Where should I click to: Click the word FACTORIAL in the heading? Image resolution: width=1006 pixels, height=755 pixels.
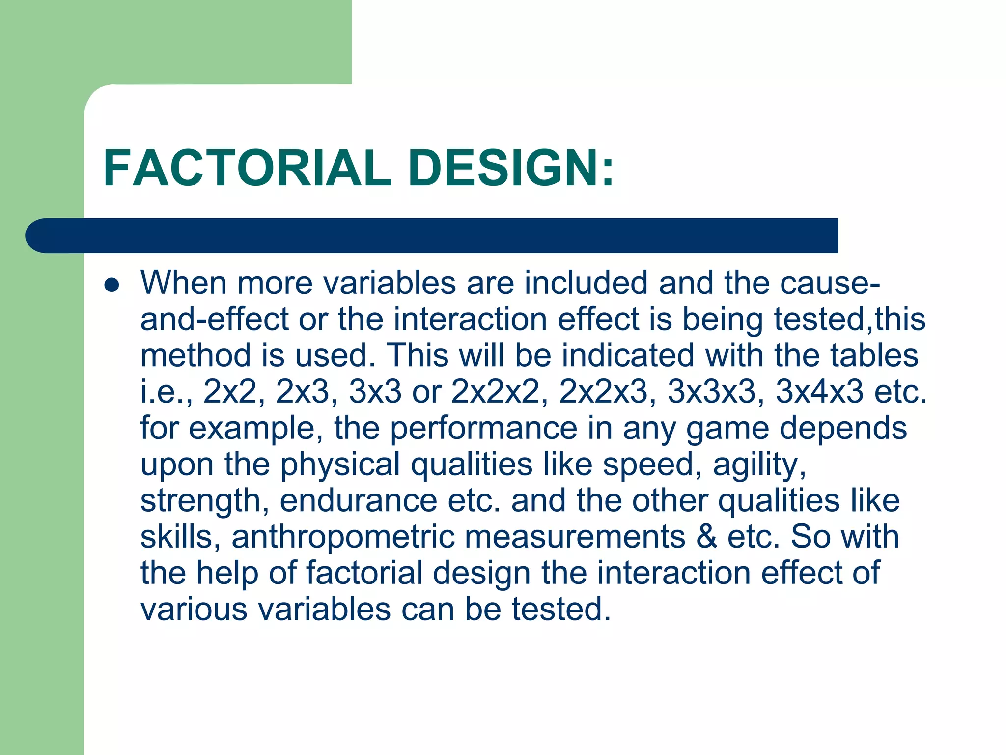pyautogui.click(x=247, y=168)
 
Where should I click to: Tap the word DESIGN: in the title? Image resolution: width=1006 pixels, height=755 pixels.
pyautogui.click(x=511, y=168)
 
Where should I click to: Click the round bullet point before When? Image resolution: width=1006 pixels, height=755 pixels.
pyautogui.click(x=112, y=285)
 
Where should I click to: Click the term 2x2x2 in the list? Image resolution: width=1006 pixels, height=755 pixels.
pyautogui.click(x=495, y=392)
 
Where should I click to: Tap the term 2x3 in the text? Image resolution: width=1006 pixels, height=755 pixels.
pyautogui.click(x=302, y=392)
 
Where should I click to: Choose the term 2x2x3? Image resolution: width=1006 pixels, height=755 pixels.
pyautogui.click(x=603, y=392)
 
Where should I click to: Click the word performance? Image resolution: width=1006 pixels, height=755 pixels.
pyautogui.click(x=483, y=428)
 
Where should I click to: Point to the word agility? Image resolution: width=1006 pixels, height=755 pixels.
pyautogui.click(x=759, y=465)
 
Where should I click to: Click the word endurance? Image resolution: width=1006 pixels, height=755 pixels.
pyautogui.click(x=358, y=501)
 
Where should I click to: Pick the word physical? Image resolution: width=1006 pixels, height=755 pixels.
pyautogui.click(x=340, y=465)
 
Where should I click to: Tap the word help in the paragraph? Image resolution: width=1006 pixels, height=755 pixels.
pyautogui.click(x=227, y=573)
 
